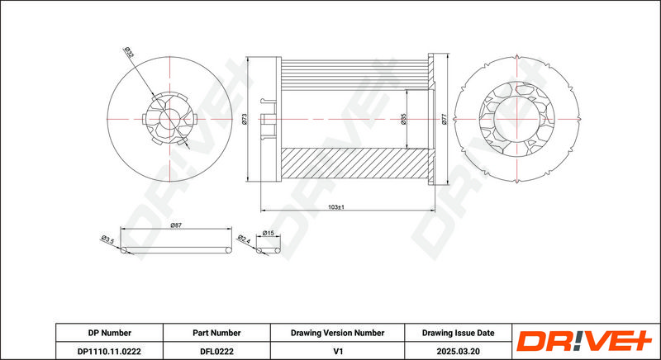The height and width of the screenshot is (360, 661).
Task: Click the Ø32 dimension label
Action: (x=129, y=53)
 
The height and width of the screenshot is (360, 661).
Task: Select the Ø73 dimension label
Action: (x=244, y=119)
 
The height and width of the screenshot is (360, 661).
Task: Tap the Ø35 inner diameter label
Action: (x=403, y=119)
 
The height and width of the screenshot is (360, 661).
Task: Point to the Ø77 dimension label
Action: (x=444, y=119)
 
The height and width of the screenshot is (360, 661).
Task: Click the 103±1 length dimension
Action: (x=336, y=207)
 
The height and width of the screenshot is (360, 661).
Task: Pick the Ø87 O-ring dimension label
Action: (x=176, y=225)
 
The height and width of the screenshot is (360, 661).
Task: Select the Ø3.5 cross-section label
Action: (x=107, y=240)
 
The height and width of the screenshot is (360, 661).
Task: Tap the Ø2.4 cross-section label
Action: (x=244, y=239)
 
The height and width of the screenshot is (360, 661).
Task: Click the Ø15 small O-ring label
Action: (x=269, y=233)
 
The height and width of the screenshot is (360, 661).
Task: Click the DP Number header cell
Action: (x=110, y=333)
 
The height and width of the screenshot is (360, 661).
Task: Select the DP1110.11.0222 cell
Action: (x=110, y=351)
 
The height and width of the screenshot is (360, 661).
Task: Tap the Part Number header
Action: (x=216, y=333)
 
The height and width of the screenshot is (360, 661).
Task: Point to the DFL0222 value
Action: (x=216, y=351)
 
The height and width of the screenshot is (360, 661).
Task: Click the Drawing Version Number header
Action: (x=337, y=333)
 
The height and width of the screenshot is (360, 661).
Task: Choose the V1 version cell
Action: (x=337, y=351)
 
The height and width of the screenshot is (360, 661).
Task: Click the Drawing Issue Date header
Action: (x=459, y=333)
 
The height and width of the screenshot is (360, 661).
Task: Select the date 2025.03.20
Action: (x=459, y=351)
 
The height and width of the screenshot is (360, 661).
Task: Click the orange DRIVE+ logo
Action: (x=584, y=341)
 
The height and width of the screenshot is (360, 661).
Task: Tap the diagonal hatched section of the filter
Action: (x=354, y=163)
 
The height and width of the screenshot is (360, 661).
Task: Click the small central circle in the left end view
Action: (x=169, y=119)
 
